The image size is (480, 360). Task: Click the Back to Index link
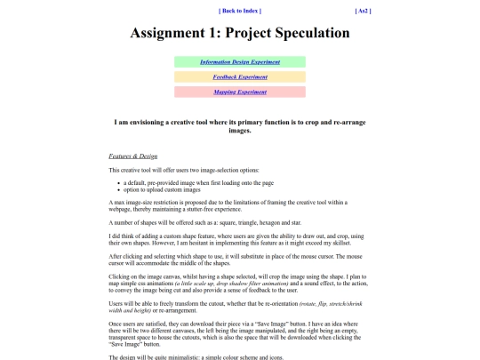[239, 11]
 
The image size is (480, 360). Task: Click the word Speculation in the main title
[300, 34]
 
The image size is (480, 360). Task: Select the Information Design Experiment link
[240, 62]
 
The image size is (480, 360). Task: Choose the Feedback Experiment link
[240, 77]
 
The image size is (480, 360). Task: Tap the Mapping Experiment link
[240, 92]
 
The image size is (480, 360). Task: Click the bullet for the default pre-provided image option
[118, 182]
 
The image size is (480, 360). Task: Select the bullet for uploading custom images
[118, 188]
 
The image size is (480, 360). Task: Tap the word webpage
[121, 209]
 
